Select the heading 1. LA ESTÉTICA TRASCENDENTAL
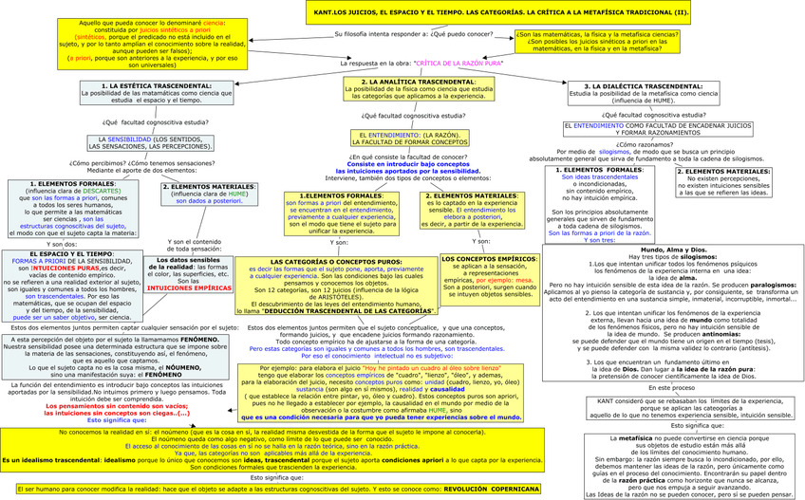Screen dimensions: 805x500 click(145, 85)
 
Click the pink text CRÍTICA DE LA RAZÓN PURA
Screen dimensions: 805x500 click(459, 62)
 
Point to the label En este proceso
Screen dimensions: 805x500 click(671, 388)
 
